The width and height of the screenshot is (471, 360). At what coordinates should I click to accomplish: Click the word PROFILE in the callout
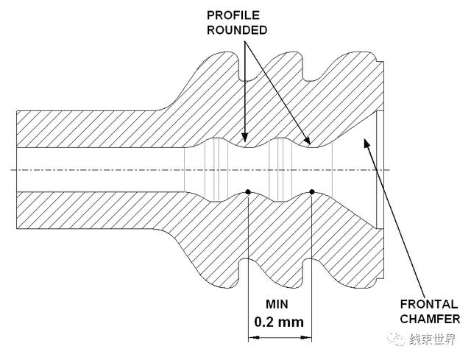pos(233,15)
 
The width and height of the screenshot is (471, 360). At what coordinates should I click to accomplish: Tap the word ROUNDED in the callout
pos(237,30)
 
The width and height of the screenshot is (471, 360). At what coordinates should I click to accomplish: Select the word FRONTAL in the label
pos(429,304)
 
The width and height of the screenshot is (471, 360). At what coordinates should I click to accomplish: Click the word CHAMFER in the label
pos(430,319)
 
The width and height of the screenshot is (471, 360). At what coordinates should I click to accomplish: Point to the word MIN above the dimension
pos(277,304)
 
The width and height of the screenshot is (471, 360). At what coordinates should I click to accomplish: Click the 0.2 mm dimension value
pos(279,322)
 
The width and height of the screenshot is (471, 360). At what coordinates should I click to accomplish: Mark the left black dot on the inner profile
pos(248,191)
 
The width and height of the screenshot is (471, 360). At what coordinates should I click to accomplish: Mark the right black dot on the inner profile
pos(312,191)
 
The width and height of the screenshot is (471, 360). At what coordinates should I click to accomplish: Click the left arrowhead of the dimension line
pos(253,337)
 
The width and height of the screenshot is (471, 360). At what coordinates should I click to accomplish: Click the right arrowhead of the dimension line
pos(306,337)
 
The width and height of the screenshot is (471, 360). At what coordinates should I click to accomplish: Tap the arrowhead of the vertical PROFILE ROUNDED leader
pos(245,137)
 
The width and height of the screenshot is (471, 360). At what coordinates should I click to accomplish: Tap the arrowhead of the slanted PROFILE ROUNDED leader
pos(307,140)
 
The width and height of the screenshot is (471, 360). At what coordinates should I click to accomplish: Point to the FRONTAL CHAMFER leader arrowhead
pos(366,143)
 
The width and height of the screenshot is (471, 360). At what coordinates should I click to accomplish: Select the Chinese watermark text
pos(432,339)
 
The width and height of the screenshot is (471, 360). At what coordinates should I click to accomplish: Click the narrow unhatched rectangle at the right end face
pos(380,170)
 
